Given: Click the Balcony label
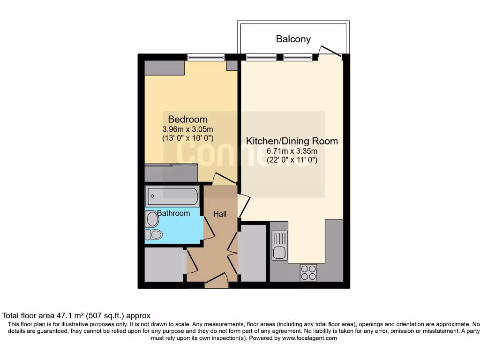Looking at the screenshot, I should coord(293,39).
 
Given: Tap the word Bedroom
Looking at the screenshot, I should coord(187,119).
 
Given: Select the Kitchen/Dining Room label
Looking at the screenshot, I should coord(292,141).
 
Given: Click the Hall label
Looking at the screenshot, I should coord(220,214).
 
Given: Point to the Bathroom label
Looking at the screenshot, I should coord(173,213).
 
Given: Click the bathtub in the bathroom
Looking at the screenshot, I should coord(172,195).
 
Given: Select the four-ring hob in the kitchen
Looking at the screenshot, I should coord(308,272).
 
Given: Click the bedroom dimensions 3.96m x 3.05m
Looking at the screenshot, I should coord(187,129).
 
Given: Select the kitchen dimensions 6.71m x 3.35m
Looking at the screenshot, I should coord(292,151).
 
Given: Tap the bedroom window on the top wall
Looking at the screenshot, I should coord(206,58).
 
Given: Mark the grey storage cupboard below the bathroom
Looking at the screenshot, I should coord(164,264).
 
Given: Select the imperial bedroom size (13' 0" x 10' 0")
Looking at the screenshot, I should coord(187,138).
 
